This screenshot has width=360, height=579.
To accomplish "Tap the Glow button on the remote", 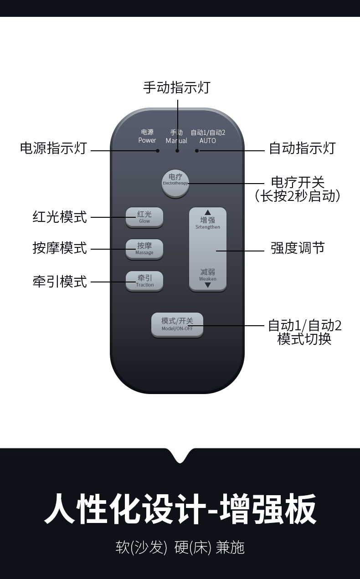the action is [x=144, y=217].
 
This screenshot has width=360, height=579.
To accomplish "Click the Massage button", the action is [x=144, y=249].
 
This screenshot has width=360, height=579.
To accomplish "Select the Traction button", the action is [x=144, y=281].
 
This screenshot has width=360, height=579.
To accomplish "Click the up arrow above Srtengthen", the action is [x=208, y=212].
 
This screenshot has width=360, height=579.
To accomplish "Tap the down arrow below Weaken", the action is [x=208, y=285].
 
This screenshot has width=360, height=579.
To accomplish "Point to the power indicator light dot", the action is [x=158, y=151].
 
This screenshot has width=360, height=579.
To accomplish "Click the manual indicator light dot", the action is [x=177, y=151].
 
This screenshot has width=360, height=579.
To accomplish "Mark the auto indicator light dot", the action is [x=197, y=151].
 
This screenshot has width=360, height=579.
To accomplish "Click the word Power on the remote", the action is [x=147, y=140].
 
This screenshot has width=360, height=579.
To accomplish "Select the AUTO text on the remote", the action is [x=207, y=141].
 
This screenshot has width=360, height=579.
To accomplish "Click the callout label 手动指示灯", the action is [x=177, y=87].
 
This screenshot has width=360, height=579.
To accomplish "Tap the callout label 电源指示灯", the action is [x=53, y=149].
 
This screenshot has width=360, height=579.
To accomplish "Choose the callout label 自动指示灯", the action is [x=302, y=149].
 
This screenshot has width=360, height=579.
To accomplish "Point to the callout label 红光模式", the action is [x=60, y=217].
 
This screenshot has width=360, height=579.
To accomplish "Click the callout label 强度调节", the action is [x=298, y=248].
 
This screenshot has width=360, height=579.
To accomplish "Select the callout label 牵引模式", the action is [x=60, y=282].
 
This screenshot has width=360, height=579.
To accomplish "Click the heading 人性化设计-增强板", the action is [x=180, y=509].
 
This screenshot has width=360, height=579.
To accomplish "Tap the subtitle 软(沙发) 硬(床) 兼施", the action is [x=180, y=547].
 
